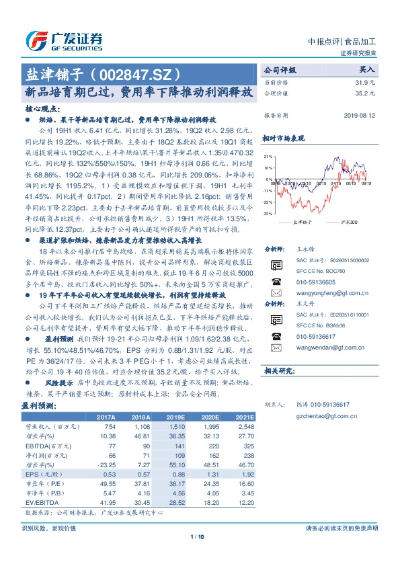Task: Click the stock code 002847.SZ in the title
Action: (145, 73)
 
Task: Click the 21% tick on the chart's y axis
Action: (268, 156)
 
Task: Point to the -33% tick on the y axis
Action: (268, 214)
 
